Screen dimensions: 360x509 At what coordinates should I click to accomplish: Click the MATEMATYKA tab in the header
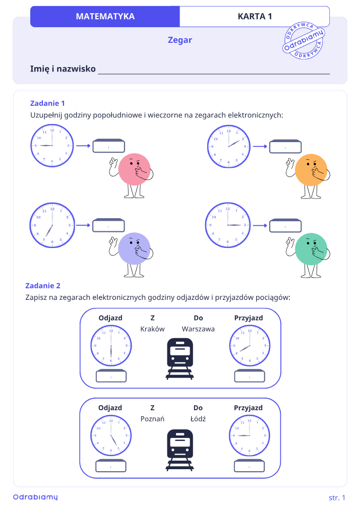coord(105,16)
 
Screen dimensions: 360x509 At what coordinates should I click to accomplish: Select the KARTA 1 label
coord(255,16)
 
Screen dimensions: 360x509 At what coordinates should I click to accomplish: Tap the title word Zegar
coord(179,40)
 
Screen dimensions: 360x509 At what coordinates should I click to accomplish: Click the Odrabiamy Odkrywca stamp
coord(304,40)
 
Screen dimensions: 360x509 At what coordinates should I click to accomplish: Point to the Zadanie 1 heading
coord(47,103)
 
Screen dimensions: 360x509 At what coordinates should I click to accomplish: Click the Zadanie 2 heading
coord(43,286)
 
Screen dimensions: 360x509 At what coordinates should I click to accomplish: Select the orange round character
coord(309,176)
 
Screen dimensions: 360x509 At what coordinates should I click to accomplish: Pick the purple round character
coord(132,254)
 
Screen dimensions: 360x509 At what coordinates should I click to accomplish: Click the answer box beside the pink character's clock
coord(109,146)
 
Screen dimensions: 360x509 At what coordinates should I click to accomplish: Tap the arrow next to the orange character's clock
coord(260,147)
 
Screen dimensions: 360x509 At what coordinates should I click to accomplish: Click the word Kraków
coord(152,329)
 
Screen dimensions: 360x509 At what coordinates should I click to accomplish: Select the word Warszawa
coord(198,329)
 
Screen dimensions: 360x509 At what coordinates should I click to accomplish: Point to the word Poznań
coord(152,419)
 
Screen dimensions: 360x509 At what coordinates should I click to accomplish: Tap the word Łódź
coord(198,419)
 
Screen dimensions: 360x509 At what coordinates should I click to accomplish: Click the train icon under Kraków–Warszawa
coord(180,359)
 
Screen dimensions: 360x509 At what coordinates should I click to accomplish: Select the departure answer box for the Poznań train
coord(111,466)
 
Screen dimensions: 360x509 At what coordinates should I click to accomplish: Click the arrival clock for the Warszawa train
coord(250,345)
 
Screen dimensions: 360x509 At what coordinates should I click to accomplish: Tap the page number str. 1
coord(337,497)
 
